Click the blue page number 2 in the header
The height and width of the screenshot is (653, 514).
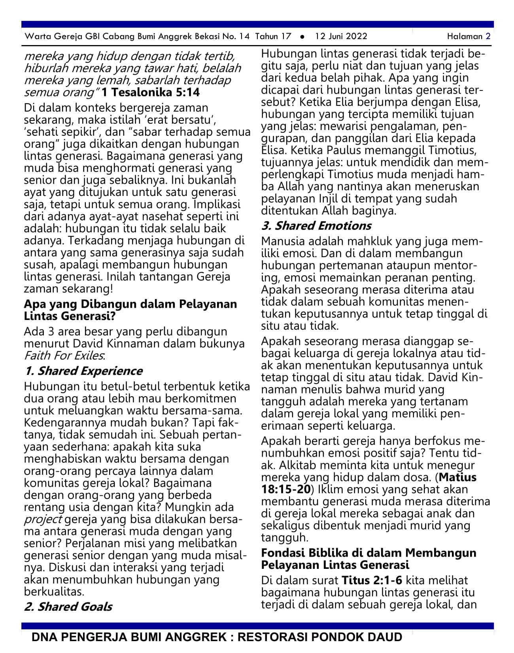point(488,37)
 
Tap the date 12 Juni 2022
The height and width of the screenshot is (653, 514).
point(341,37)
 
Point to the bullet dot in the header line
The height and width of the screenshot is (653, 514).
point(302,37)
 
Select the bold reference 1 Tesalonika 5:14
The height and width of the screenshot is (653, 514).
point(151,93)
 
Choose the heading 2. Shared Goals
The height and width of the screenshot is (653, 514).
point(68,606)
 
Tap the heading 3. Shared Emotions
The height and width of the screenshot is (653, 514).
point(316,226)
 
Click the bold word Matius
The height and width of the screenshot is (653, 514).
point(457,477)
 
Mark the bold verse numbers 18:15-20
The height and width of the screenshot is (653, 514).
point(285,489)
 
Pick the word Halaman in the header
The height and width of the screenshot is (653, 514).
point(465,37)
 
